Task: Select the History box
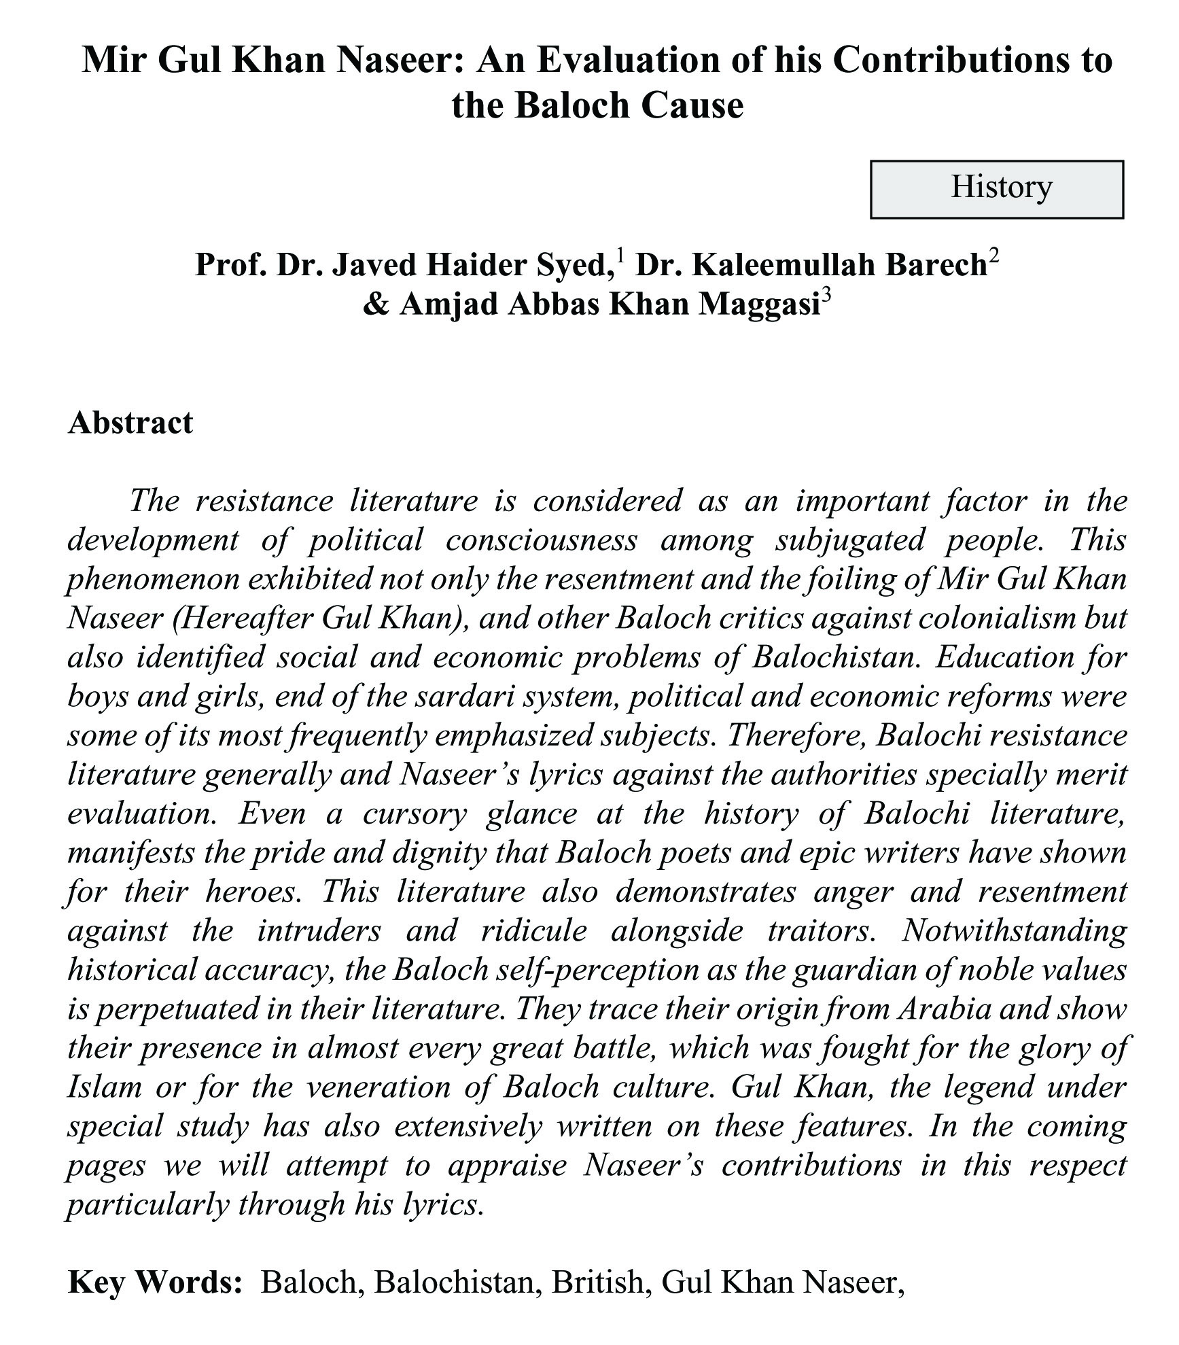(996, 189)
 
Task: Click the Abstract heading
(130, 423)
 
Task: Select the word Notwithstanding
(1014, 931)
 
